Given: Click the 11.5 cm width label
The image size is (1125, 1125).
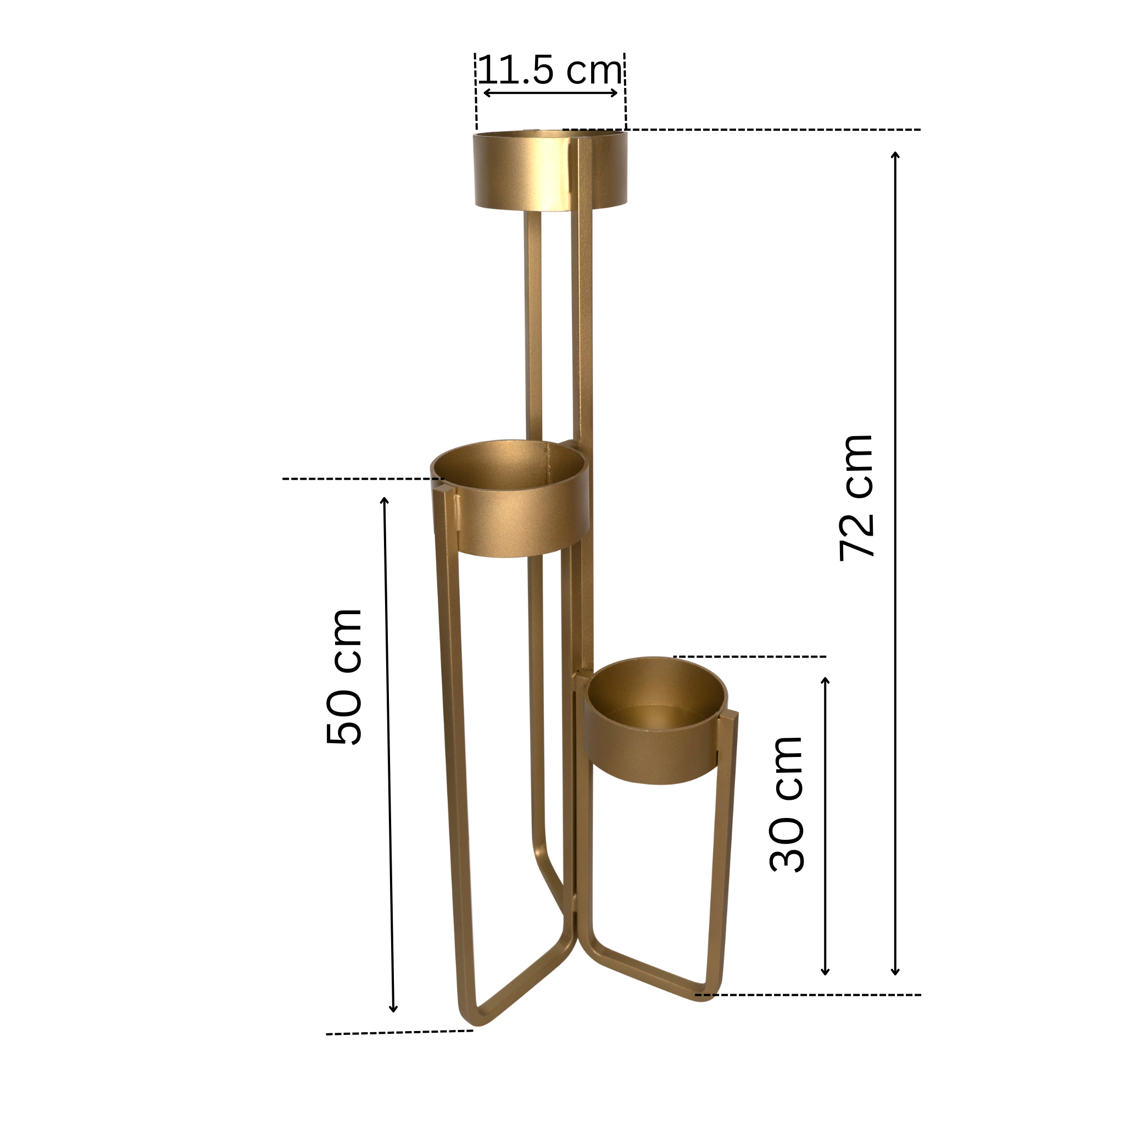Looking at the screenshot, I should [x=550, y=70].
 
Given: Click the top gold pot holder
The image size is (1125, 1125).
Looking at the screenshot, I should [x=550, y=170].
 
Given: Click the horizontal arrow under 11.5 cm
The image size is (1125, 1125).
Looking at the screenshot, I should [x=550, y=93].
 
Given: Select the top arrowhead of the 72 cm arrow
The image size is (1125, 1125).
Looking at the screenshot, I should [x=895, y=154].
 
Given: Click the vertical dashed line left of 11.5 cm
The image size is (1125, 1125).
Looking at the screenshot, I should [x=476, y=93].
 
